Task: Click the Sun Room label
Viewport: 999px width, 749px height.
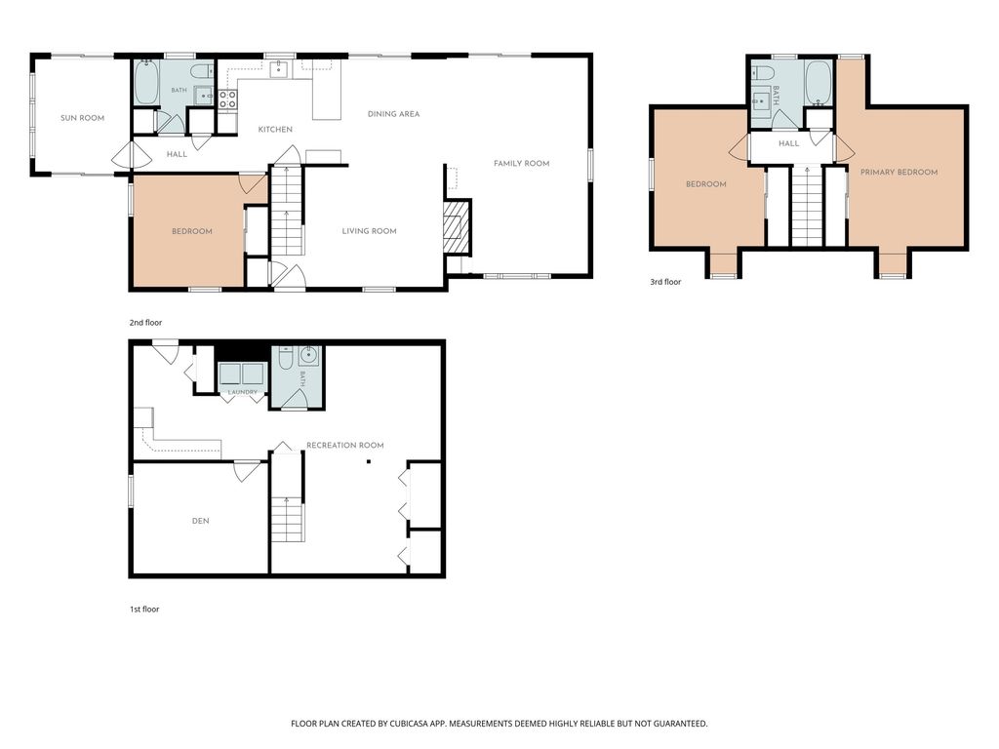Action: pyautogui.click(x=82, y=118)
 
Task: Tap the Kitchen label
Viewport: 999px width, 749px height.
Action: pyautogui.click(x=275, y=130)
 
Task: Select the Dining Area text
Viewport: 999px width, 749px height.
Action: pyautogui.click(x=394, y=114)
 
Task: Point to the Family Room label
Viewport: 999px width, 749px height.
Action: pyautogui.click(x=521, y=164)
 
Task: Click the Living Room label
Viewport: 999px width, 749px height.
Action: pyautogui.click(x=370, y=231)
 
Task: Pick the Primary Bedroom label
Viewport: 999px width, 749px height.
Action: pyautogui.click(x=899, y=172)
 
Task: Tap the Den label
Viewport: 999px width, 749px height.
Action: pyautogui.click(x=201, y=521)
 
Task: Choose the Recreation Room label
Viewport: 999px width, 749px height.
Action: pyautogui.click(x=345, y=445)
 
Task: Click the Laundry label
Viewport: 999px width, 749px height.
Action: pyautogui.click(x=243, y=392)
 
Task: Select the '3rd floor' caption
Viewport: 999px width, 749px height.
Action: pyautogui.click(x=665, y=282)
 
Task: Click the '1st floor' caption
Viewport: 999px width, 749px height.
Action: pyautogui.click(x=144, y=610)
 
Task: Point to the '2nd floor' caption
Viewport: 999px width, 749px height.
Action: pyautogui.click(x=146, y=323)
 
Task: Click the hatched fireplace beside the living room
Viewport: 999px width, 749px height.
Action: pyautogui.click(x=458, y=226)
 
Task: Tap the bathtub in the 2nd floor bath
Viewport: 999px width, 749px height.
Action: pyautogui.click(x=146, y=83)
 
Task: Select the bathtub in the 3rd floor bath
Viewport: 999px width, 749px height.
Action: pyautogui.click(x=819, y=84)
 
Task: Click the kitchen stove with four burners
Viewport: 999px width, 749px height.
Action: pyautogui.click(x=228, y=99)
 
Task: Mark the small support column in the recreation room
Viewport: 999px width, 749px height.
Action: pyautogui.click(x=368, y=461)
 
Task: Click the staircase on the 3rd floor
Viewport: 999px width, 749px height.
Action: pyautogui.click(x=807, y=205)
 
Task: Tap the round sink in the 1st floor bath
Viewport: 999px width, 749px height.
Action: pyautogui.click(x=309, y=357)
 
